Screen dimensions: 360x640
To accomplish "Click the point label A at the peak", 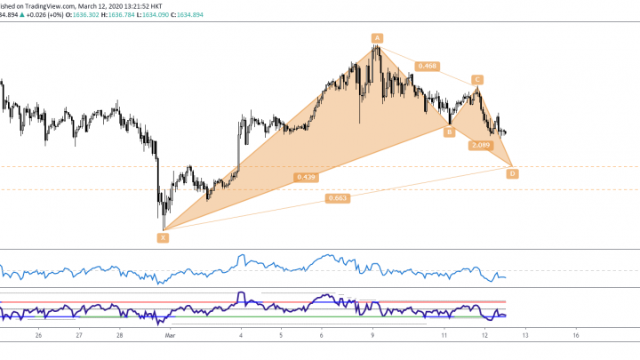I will pos(377,37).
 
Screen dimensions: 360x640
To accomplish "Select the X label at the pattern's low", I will pos(163,237).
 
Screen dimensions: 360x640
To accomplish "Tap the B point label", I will pos(450,132).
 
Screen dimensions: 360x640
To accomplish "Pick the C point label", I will pos(477,79).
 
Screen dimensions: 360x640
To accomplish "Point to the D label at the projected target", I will pos(512,174).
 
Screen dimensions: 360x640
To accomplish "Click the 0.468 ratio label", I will pos(428,66).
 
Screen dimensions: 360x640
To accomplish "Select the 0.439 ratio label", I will pos(307,177).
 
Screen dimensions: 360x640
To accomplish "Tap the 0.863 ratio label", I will pos(338,198).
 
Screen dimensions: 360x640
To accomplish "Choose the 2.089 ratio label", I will pos(481,145).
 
